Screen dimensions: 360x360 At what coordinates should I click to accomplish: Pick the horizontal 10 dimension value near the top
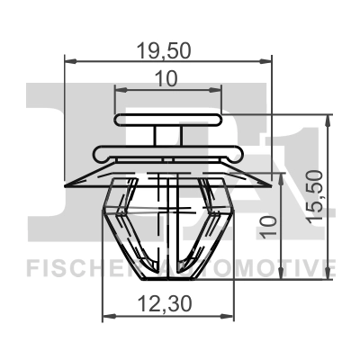pyautogui.click(x=167, y=79)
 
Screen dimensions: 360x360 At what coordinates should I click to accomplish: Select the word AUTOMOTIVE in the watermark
pyautogui.click(x=261, y=267)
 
